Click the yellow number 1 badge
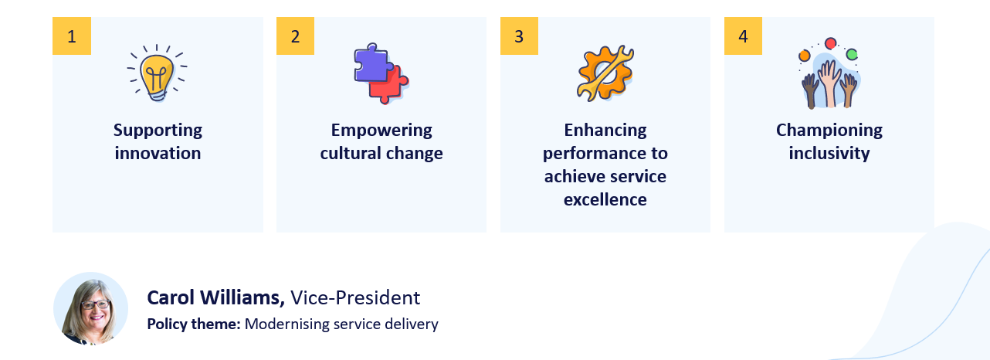pyautogui.click(x=72, y=36)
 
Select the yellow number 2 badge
pyautogui.click(x=295, y=36)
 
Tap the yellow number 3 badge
pyautogui.click(x=519, y=36)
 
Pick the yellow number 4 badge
pyautogui.click(x=743, y=36)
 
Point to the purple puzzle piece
pyautogui.click(x=370, y=64)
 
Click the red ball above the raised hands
pyautogui.click(x=830, y=43)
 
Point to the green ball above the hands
pyautogui.click(x=851, y=54)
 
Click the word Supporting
pyautogui.click(x=158, y=130)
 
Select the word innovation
pyautogui.click(x=158, y=153)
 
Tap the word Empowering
pyautogui.click(x=381, y=130)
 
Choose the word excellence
pyautogui.click(x=605, y=199)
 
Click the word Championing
pyautogui.click(x=829, y=130)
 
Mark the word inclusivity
pyautogui.click(x=829, y=153)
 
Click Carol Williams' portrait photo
pyautogui.click(x=90, y=308)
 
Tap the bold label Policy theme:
pyautogui.click(x=193, y=324)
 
